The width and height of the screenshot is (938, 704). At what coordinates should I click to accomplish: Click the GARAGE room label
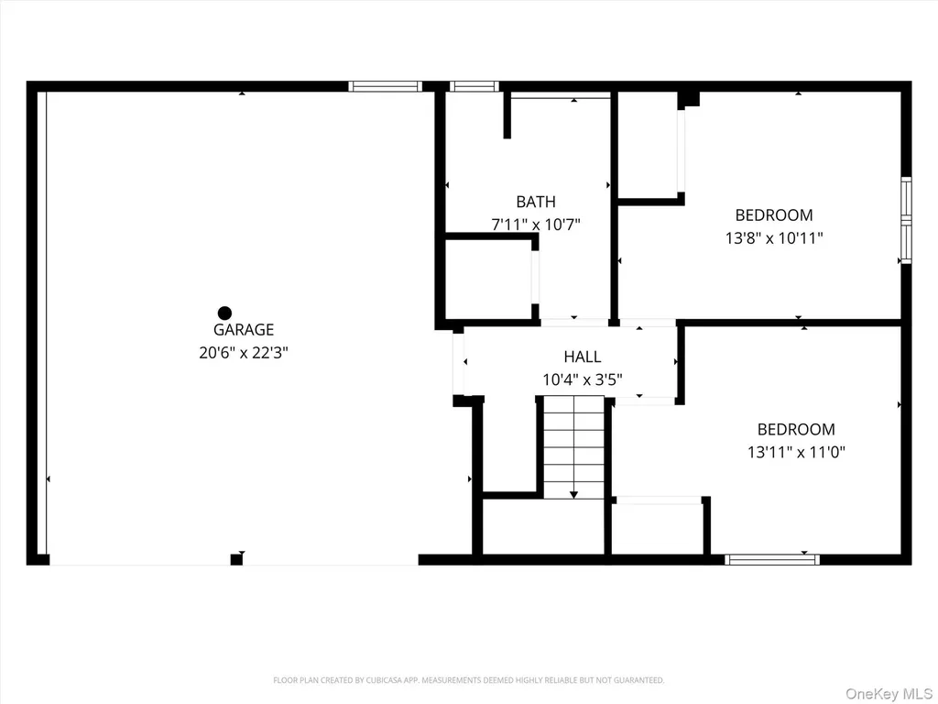[x=244, y=329]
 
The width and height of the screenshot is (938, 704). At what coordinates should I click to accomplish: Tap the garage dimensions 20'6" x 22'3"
[x=244, y=353]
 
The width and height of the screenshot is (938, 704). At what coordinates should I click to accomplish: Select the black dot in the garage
[x=224, y=313]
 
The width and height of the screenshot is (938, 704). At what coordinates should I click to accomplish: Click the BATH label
[x=536, y=201]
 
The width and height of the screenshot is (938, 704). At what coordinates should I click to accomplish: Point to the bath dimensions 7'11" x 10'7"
[x=536, y=225]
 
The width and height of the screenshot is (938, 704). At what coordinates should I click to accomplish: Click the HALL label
[x=582, y=357]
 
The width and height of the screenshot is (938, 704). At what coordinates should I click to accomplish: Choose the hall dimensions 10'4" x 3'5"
[x=582, y=379]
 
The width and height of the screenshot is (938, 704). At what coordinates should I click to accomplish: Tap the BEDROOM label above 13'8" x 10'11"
[x=773, y=214]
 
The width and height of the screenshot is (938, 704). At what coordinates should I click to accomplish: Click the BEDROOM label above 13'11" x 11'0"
[x=796, y=429]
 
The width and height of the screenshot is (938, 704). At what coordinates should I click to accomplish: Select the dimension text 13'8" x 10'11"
[x=773, y=238]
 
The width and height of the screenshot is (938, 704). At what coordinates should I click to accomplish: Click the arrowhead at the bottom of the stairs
[x=573, y=494]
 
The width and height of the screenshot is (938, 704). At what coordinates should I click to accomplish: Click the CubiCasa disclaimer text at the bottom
[x=468, y=680]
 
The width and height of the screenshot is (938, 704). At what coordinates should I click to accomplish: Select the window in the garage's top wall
[x=386, y=86]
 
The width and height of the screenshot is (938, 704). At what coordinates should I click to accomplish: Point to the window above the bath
[x=474, y=86]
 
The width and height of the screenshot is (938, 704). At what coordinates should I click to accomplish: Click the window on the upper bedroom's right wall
[x=906, y=220]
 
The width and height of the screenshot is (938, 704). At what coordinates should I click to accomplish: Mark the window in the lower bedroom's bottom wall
[x=771, y=560]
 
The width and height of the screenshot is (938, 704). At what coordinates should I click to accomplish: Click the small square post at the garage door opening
[x=236, y=560]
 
